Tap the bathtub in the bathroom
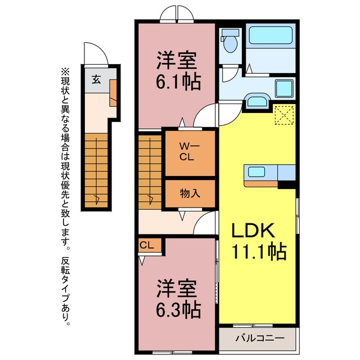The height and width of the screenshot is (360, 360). coord(271,35)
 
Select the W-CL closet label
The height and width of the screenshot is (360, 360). coord(190,151)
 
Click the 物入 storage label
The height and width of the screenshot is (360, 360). coord(190,193)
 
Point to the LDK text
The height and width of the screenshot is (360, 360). coord(253,231)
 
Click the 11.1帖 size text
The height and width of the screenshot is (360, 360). coord(259,251)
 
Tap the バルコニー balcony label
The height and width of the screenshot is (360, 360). coord(260,338)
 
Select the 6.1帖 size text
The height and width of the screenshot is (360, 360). coord(178,82)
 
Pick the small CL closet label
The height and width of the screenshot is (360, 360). coord(147,245)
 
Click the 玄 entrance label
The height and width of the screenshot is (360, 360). coord(96,79)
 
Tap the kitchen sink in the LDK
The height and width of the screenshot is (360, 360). coord(256,172)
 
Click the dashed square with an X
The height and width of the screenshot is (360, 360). coord(284,115)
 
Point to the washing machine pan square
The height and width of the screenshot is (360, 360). coord(284,89)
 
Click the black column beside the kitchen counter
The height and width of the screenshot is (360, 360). coord(286,184)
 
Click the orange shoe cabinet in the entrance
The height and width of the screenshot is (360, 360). coord(113,93)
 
